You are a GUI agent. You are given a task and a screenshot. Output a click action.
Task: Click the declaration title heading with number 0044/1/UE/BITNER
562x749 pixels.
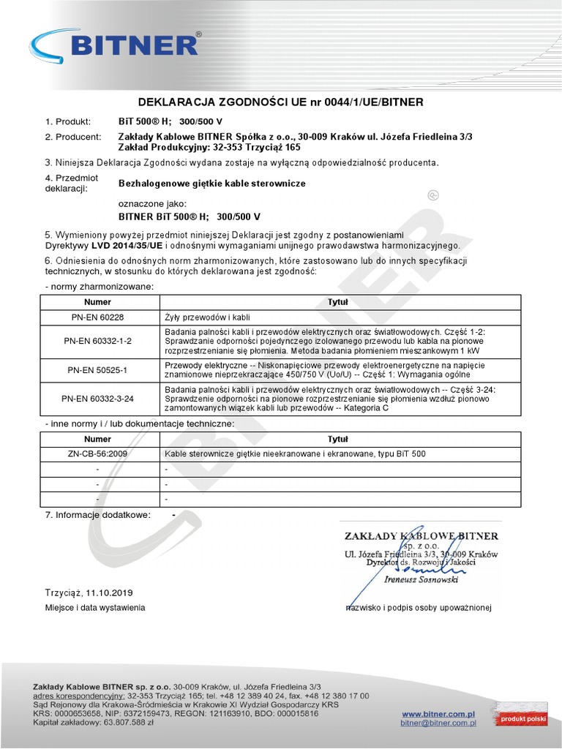(x=281, y=102)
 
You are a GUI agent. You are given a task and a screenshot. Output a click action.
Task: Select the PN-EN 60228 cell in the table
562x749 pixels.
(x=97, y=317)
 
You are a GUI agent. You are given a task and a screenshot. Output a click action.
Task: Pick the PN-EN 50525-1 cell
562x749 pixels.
(x=97, y=370)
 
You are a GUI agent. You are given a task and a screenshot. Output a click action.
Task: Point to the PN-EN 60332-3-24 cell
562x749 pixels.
(x=97, y=399)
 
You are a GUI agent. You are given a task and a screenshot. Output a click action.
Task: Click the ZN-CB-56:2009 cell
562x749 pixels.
(x=97, y=453)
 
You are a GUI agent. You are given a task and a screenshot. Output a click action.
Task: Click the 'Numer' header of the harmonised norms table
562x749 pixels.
(x=97, y=301)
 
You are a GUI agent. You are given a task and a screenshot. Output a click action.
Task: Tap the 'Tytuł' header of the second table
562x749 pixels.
(x=337, y=439)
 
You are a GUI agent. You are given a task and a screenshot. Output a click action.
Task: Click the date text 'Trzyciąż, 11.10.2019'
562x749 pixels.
(x=89, y=592)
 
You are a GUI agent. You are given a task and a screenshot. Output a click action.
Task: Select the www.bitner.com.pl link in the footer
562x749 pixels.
(x=439, y=713)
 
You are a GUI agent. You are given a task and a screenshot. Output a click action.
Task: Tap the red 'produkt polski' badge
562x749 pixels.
(x=522, y=719)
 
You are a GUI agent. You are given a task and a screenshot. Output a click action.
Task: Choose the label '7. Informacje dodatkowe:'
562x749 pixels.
(x=97, y=515)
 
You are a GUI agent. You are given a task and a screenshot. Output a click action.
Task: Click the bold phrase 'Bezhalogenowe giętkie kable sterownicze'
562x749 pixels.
(x=211, y=183)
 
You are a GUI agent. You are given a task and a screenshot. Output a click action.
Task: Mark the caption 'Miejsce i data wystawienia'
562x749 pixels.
(x=95, y=608)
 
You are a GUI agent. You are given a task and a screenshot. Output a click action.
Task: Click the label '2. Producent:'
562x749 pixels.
(x=72, y=136)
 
